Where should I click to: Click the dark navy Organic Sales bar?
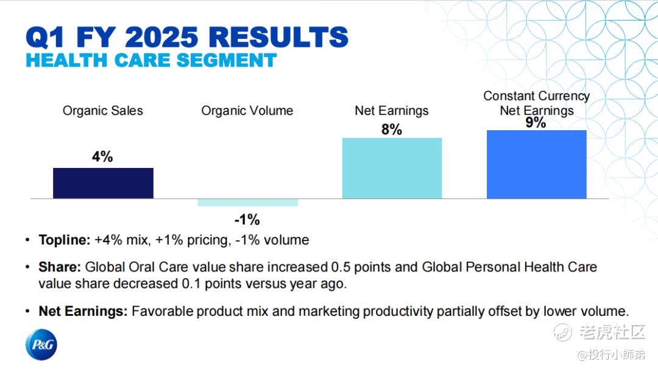(x=103, y=183)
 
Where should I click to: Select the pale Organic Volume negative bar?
(x=247, y=203)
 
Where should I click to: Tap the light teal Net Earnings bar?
(x=392, y=168)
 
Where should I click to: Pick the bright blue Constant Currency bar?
(x=537, y=164)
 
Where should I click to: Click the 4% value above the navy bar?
(x=102, y=157)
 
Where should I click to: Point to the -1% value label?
(x=247, y=220)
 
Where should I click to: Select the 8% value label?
(x=392, y=130)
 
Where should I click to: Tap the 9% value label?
(x=536, y=123)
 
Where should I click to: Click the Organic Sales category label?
(x=103, y=111)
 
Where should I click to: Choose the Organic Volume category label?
(x=247, y=111)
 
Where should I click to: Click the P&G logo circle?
(x=41, y=344)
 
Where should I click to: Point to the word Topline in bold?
(x=63, y=240)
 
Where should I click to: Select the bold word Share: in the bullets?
(x=60, y=267)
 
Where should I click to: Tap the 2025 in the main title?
(x=161, y=37)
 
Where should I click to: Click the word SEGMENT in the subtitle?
(x=227, y=60)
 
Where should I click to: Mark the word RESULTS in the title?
(x=278, y=37)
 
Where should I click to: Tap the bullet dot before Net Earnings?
(x=27, y=312)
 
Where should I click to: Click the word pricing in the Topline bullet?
(x=208, y=240)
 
